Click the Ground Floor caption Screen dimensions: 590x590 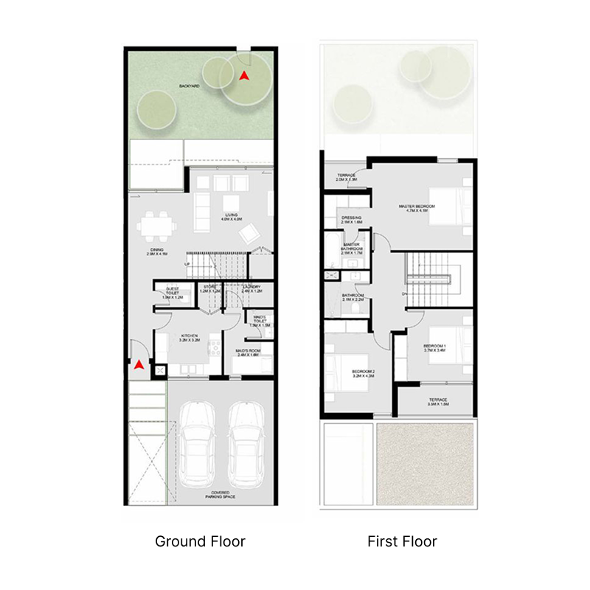pyautogui.click(x=200, y=541)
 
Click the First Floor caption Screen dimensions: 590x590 pyautogui.click(x=402, y=541)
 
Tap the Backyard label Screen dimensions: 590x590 pyautogui.click(x=189, y=86)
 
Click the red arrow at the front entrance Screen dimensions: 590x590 pyautogui.click(x=139, y=364)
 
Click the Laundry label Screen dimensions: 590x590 pyautogui.click(x=252, y=288)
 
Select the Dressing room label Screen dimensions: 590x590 pyautogui.click(x=351, y=220)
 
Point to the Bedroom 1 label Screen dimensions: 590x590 pyautogui.click(x=434, y=348)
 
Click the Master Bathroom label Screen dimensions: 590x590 pyautogui.click(x=351, y=248)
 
